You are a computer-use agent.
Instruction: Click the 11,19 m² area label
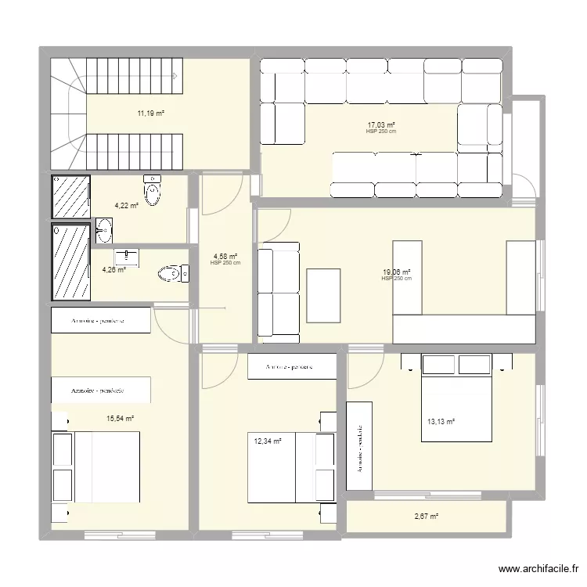[151, 113]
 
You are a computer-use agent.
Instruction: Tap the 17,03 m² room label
[381, 124]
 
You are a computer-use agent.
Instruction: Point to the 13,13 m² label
[441, 421]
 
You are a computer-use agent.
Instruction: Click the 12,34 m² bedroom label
[267, 441]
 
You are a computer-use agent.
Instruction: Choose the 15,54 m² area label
[120, 419]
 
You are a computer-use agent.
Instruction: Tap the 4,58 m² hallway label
[225, 256]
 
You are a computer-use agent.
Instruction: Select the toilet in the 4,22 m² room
[153, 190]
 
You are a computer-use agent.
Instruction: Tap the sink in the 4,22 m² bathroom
[103, 230]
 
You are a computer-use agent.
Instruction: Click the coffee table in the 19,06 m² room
[324, 295]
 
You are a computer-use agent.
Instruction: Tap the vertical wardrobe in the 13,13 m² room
[359, 446]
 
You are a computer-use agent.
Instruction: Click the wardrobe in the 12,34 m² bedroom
[292, 367]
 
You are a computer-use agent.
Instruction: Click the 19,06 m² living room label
[396, 272]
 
